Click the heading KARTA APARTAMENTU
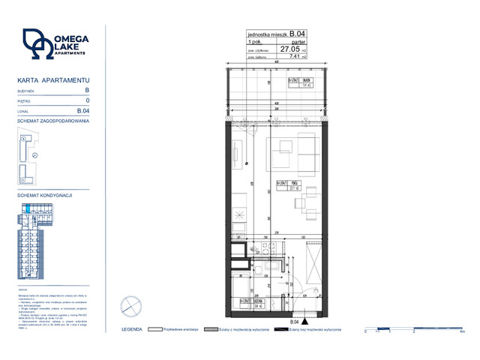pyautogui.click(x=53, y=79)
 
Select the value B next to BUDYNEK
pyautogui.click(x=87, y=90)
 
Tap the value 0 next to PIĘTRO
pyautogui.click(x=88, y=100)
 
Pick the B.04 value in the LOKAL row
pyautogui.click(x=84, y=111)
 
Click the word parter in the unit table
pyautogui.click(x=298, y=41)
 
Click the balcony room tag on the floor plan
pyautogui.click(x=300, y=82)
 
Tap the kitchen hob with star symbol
pyautogui.click(x=239, y=216)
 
